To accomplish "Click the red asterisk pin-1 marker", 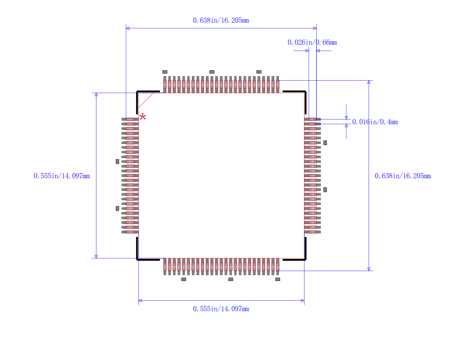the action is pyautogui.click(x=142, y=117).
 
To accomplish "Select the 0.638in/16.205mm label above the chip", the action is pyautogui.click(x=221, y=20).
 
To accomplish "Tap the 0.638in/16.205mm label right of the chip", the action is pyautogui.click(x=403, y=176).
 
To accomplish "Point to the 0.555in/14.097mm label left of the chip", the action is pyautogui.click(x=62, y=176).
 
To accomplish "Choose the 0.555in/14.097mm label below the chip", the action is pyautogui.click(x=221, y=309).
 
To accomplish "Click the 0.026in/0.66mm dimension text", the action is pyautogui.click(x=312, y=42).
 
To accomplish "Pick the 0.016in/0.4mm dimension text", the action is pyautogui.click(x=375, y=122).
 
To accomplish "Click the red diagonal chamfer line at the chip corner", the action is pyautogui.click(x=146, y=100).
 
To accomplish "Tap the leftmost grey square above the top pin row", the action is pyautogui.click(x=165, y=71).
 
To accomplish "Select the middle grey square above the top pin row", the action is pyautogui.click(x=212, y=71).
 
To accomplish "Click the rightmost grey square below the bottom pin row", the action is pyautogui.click(x=278, y=279).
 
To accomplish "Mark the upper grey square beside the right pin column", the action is pyautogui.click(x=325, y=143).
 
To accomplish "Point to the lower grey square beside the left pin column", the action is pyautogui.click(x=117, y=208).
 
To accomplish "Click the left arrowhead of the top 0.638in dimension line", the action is pyautogui.click(x=127, y=28).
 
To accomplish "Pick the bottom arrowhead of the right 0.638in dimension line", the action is pyautogui.click(x=369, y=269).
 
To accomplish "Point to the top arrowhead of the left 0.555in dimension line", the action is pyautogui.click(x=96, y=95).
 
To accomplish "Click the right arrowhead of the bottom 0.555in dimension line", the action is pyautogui.click(x=302, y=300).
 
